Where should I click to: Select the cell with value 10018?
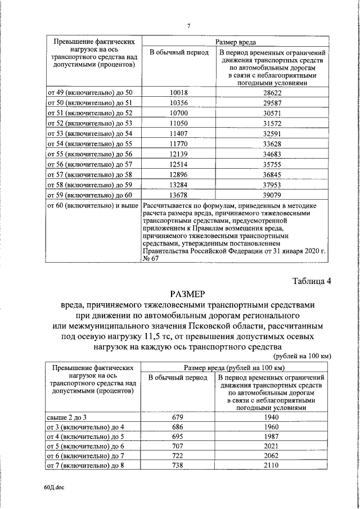(178, 92)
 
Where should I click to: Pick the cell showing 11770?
(178, 143)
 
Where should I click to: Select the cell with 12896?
(178, 174)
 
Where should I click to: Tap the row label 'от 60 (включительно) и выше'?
(92, 205)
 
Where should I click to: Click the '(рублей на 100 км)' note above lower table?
(301, 357)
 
